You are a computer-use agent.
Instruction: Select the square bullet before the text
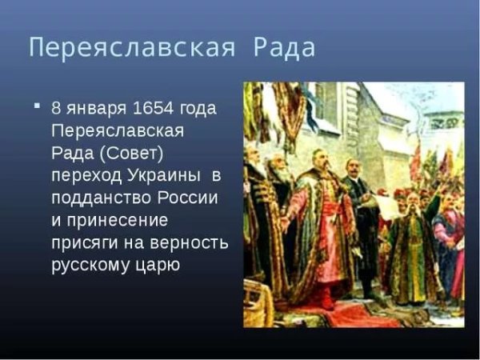click(36, 106)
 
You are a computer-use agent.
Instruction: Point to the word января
click(91, 108)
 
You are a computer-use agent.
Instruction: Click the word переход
click(86, 174)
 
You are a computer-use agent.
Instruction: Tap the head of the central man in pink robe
click(319, 159)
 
